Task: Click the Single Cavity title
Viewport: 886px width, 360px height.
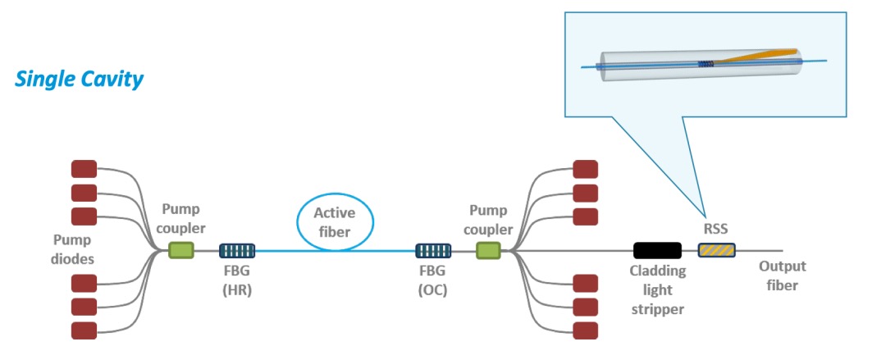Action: [80, 80]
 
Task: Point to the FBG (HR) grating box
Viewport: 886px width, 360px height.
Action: [237, 250]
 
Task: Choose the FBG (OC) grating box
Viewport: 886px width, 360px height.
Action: [432, 250]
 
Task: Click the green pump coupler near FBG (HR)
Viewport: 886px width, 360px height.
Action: [181, 250]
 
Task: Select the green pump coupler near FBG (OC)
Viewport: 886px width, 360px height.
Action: [488, 250]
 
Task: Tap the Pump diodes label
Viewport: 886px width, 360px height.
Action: [72, 249]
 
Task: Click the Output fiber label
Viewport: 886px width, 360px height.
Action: [782, 276]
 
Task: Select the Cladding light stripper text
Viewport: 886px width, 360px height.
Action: [656, 289]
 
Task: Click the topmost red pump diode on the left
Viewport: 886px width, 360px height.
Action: [84, 169]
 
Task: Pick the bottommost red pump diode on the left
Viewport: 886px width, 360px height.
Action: [84, 330]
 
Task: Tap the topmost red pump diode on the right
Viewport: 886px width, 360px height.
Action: [585, 169]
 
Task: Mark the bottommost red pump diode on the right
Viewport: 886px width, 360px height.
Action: [585, 330]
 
